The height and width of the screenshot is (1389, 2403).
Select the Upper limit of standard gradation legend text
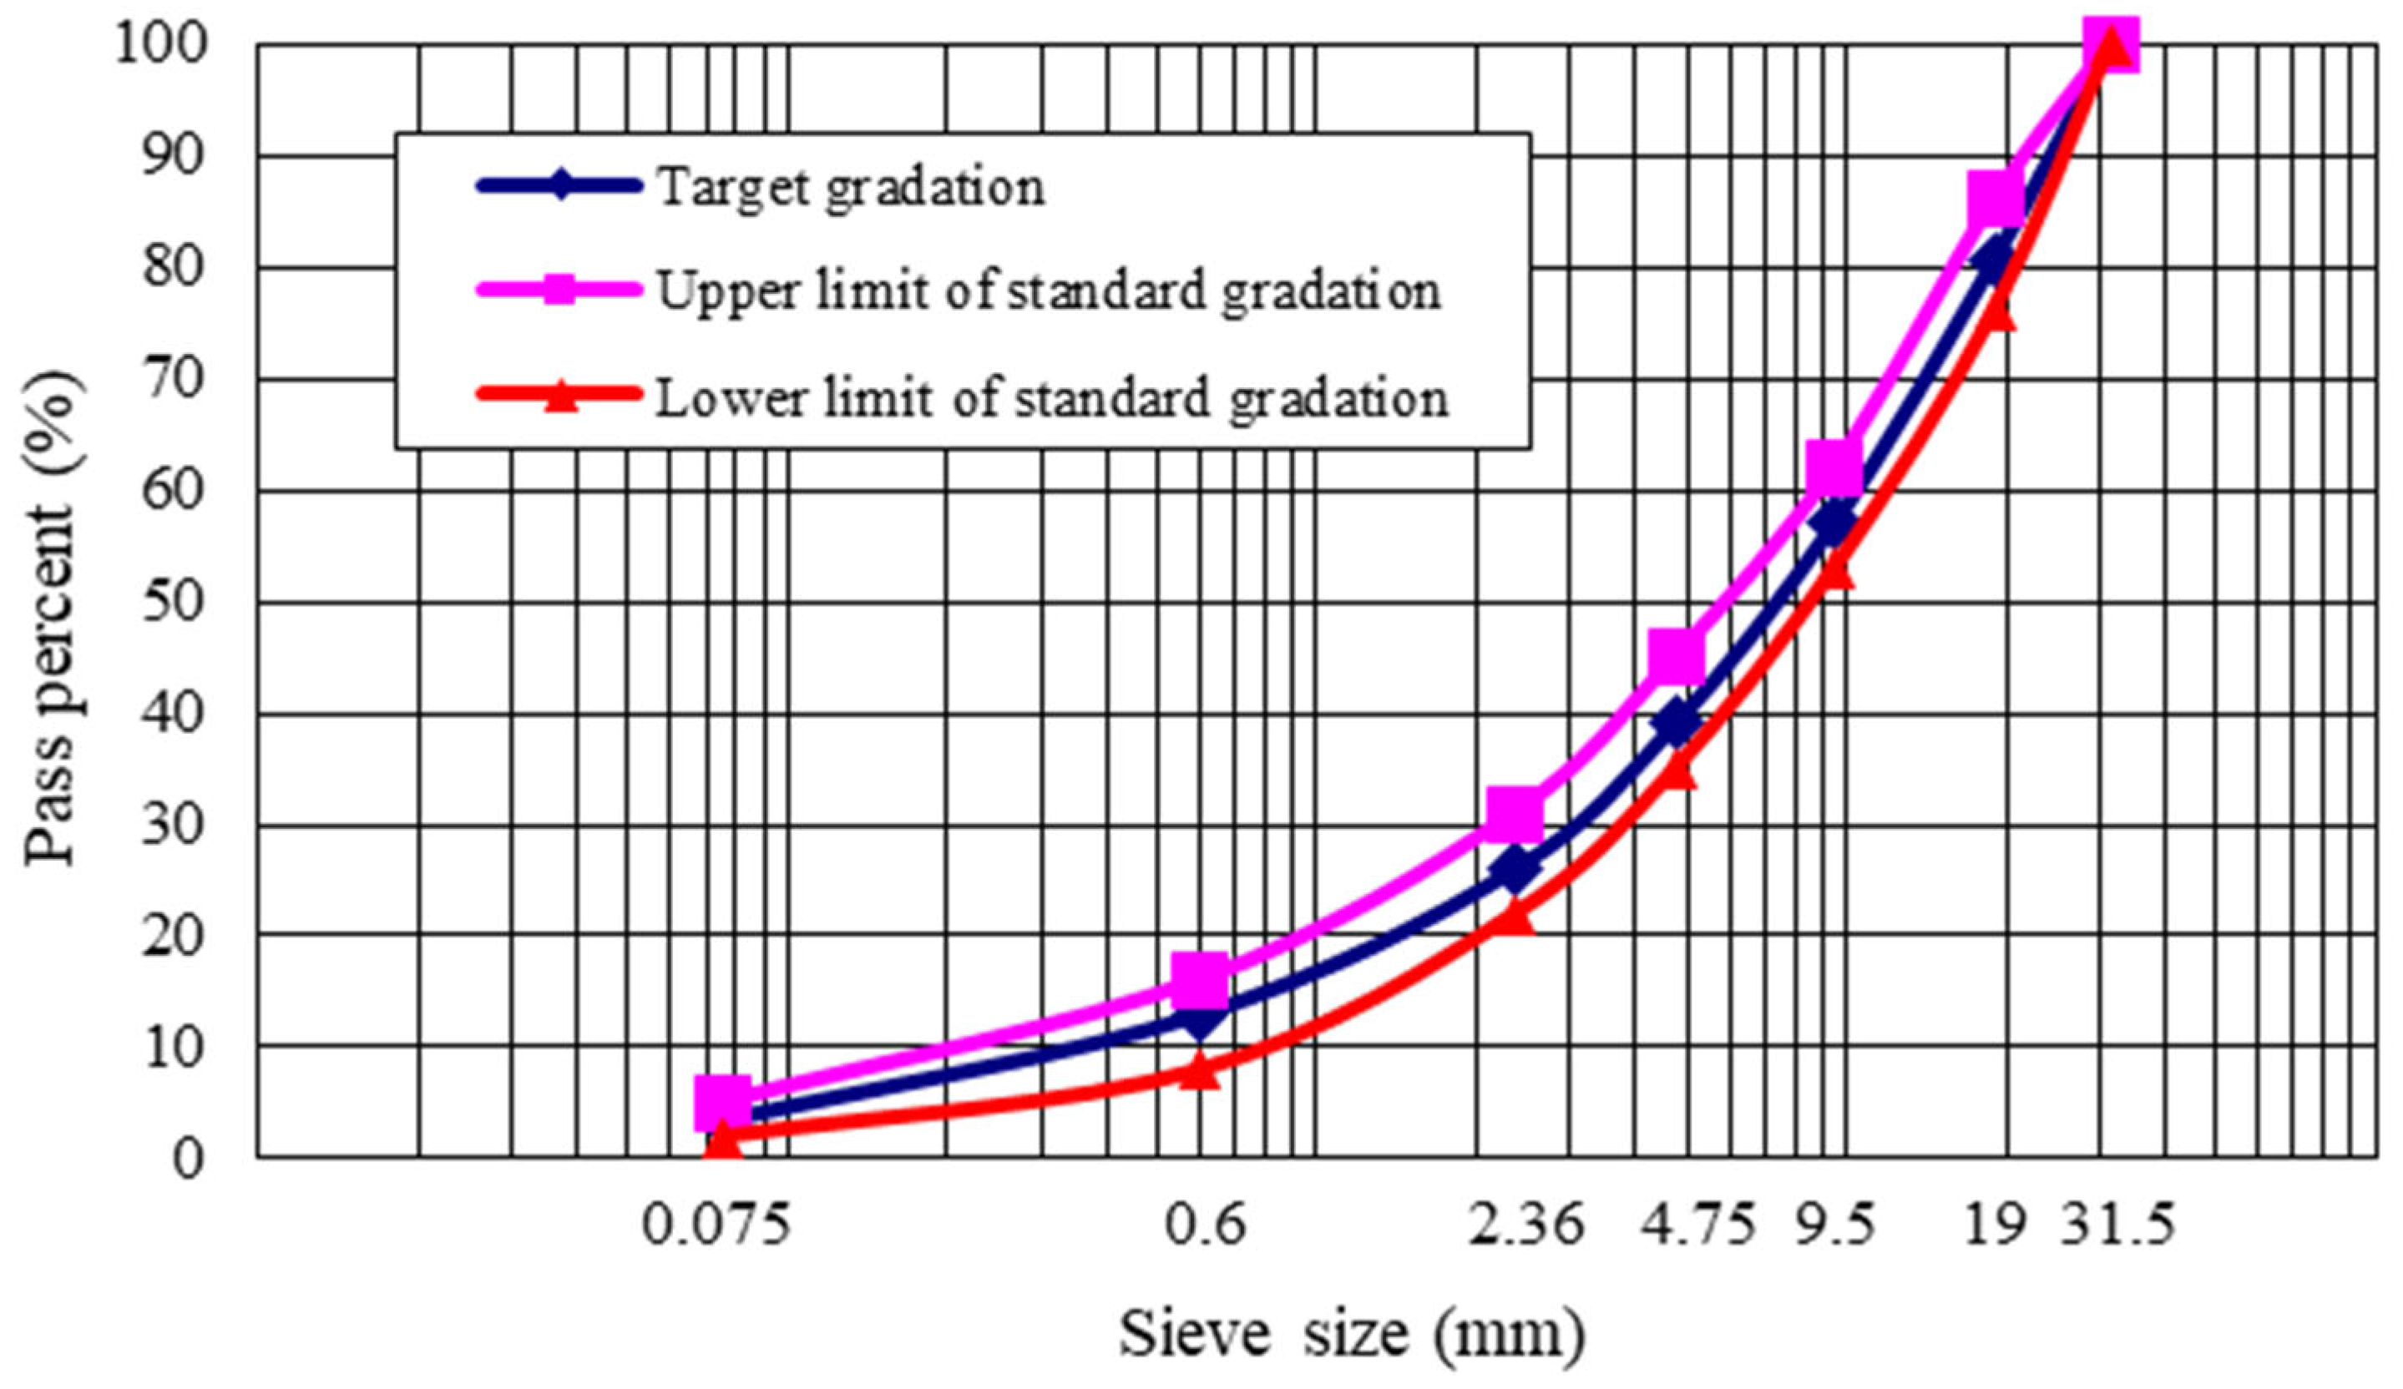(x=1048, y=291)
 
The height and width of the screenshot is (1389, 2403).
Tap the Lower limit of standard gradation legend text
(x=1052, y=398)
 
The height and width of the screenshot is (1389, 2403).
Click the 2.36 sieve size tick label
(x=1525, y=1225)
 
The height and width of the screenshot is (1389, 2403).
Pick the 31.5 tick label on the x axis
(x=2116, y=1225)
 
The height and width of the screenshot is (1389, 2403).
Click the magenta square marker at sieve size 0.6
(x=1200, y=980)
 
